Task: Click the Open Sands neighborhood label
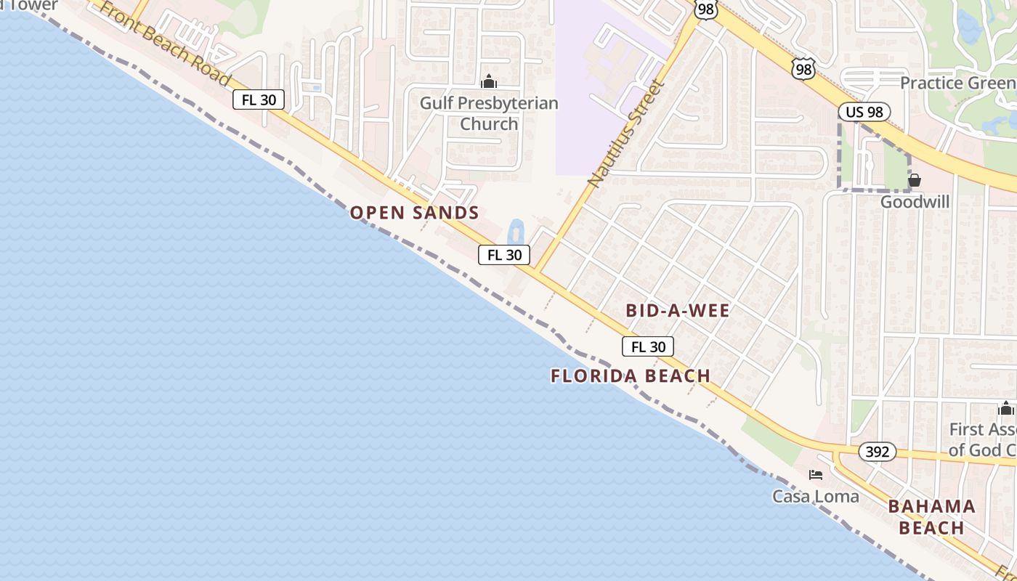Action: point(414,213)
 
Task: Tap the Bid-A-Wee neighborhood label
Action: point(677,311)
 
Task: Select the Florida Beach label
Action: point(630,375)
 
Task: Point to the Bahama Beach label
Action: point(931,517)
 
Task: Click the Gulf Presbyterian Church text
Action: point(489,113)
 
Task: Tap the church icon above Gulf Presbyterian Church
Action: point(489,81)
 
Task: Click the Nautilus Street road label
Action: point(626,134)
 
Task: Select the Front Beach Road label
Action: point(163,44)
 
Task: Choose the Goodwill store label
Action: point(915,202)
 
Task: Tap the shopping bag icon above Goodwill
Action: point(915,179)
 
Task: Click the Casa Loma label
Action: point(815,497)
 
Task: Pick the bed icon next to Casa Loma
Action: point(816,475)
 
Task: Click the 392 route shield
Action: point(878,452)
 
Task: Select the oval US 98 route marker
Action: point(864,112)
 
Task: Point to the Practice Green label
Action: point(957,83)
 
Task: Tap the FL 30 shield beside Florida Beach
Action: point(648,347)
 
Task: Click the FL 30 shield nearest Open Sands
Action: point(504,255)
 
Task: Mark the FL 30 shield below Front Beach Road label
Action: point(258,100)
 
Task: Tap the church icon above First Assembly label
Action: point(1006,408)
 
